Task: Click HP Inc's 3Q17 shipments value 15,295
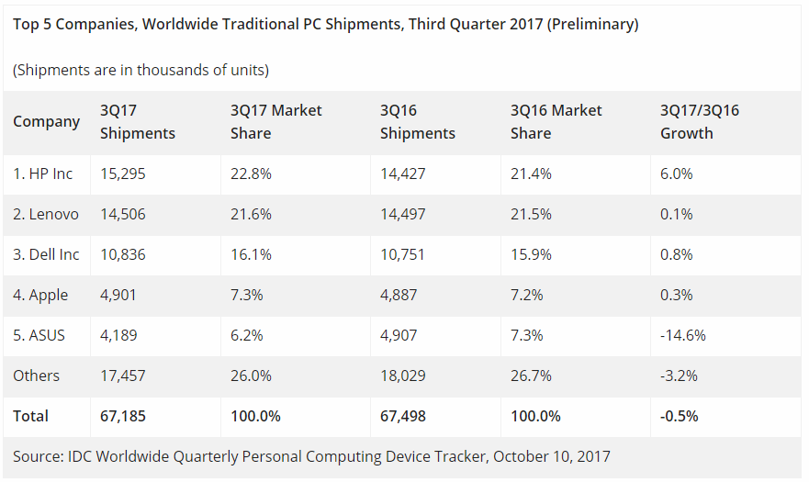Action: [x=122, y=174]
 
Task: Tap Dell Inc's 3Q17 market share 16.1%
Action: [x=251, y=254]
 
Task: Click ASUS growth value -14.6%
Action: [x=682, y=335]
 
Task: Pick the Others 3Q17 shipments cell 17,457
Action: [x=122, y=376]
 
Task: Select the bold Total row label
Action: [x=30, y=416]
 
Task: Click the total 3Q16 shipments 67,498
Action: [x=402, y=416]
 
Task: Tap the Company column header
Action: [x=46, y=121]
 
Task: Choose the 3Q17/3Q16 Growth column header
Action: [x=699, y=121]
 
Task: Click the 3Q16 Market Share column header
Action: [x=556, y=121]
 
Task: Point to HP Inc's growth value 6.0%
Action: [x=677, y=174]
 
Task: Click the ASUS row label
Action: [x=39, y=335]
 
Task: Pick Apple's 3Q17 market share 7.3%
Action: [x=246, y=295]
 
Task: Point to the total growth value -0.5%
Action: [x=680, y=416]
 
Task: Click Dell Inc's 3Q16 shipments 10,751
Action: [x=402, y=254]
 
